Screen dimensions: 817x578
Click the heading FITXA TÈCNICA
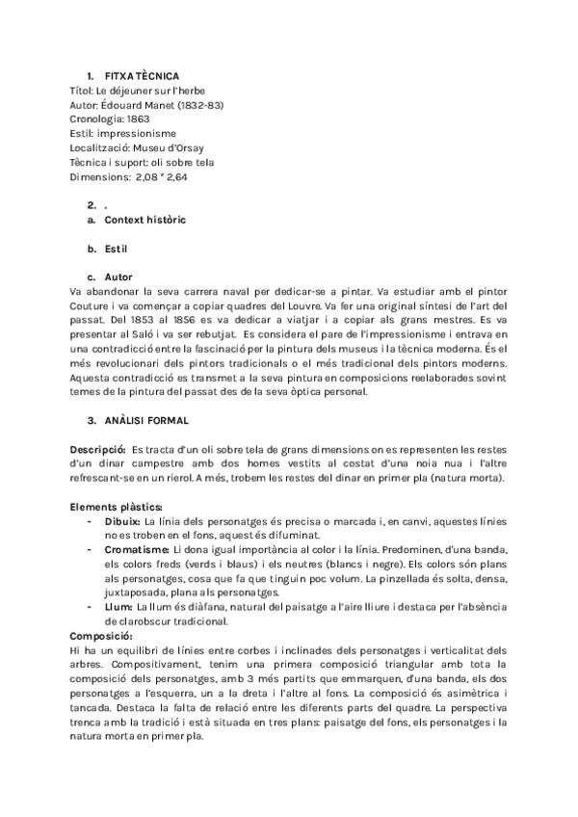(141, 75)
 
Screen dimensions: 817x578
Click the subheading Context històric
(144, 220)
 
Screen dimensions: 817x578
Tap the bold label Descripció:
(98, 449)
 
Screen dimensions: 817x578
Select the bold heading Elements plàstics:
(117, 507)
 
